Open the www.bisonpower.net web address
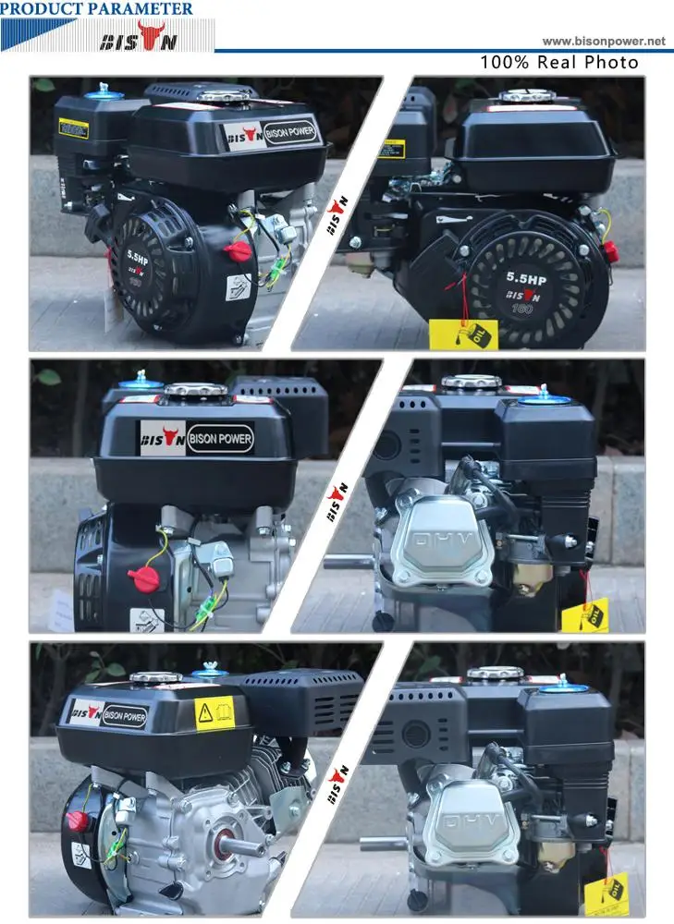pyautogui.click(x=603, y=42)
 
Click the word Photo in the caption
pyautogui.click(x=614, y=63)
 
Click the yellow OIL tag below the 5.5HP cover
pyautogui.click(x=463, y=334)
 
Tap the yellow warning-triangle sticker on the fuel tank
pyautogui.click(x=214, y=712)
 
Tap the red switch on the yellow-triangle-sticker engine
pyautogui.click(x=78, y=821)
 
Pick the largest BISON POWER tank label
pyautogui.click(x=197, y=437)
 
